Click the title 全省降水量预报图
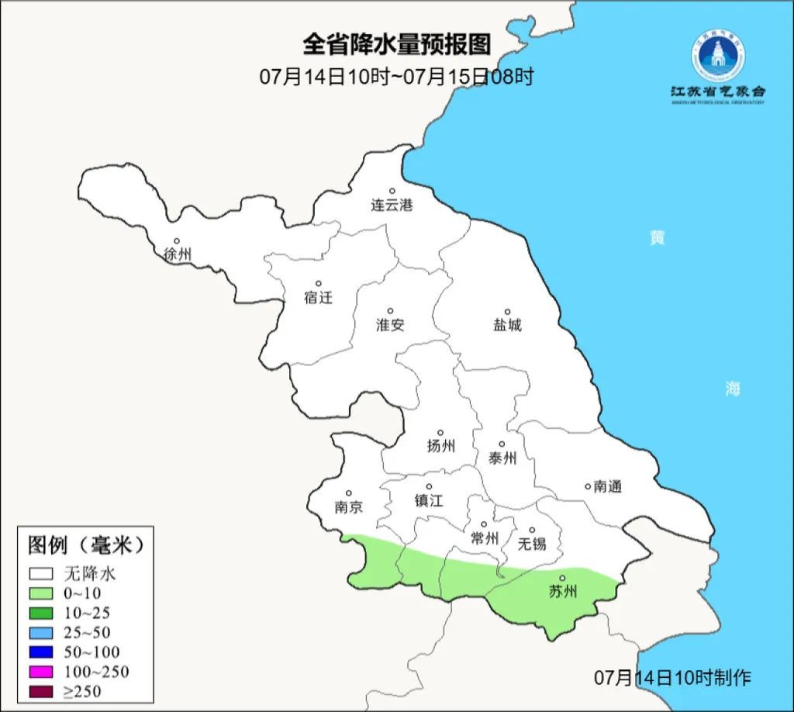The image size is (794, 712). pos(396,44)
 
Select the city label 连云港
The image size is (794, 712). pos(392,206)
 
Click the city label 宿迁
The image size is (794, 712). pos(318,297)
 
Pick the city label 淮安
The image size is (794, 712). pos(390,325)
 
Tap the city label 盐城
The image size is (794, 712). pos(507,325)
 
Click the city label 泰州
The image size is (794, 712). pos(502,458)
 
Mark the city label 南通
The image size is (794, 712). pos(607,487)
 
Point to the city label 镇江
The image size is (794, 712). pos(428,500)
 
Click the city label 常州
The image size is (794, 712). pos(485,537)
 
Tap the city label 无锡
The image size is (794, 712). pos(532,543)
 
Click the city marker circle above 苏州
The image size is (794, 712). pos(563,578)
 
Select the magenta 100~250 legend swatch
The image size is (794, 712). pos(42,672)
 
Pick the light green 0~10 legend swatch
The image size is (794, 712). pos(42,593)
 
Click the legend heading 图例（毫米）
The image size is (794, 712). pos(86,545)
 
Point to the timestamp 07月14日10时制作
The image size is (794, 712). pos(672,677)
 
